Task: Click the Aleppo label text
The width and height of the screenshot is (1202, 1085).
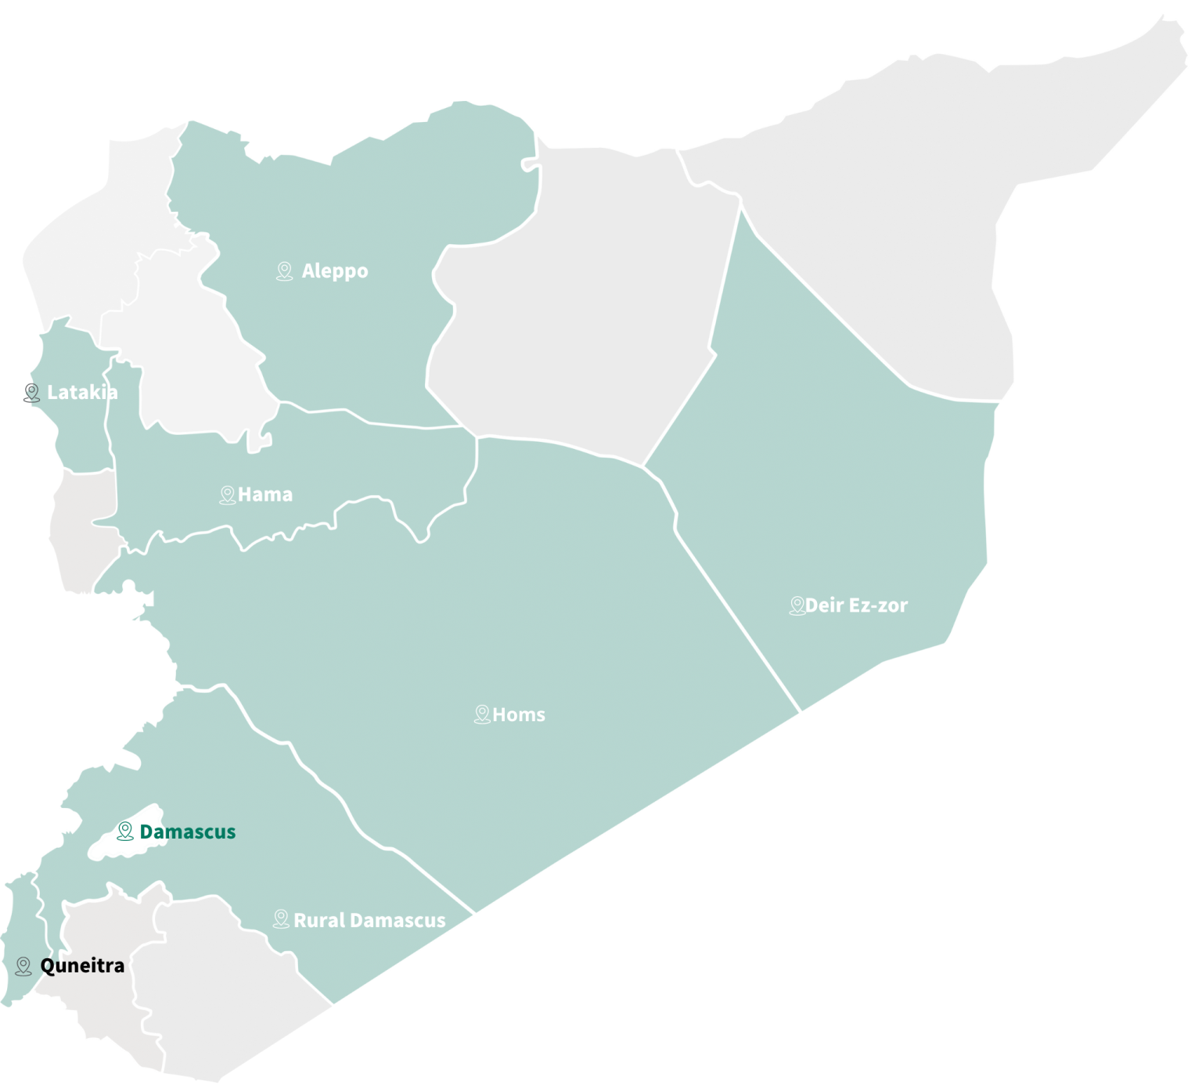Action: tap(335, 271)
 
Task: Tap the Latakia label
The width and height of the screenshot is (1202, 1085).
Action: tap(82, 393)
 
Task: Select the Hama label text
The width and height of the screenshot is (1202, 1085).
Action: tap(265, 495)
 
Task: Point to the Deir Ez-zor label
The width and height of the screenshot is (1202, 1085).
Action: tap(856, 605)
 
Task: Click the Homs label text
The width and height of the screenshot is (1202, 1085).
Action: tap(519, 715)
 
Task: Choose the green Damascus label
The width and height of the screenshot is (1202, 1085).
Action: tap(188, 832)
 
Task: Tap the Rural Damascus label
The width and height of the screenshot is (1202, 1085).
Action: tap(369, 921)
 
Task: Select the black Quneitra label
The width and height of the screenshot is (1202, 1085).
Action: tap(82, 966)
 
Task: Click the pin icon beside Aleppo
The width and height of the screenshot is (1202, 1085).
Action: tap(285, 271)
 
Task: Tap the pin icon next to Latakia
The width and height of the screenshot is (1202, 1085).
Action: tap(32, 393)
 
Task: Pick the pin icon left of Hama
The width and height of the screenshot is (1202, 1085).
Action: tap(228, 495)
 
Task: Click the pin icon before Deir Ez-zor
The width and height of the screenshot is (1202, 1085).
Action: tap(797, 605)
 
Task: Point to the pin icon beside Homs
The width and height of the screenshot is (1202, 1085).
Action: tap(482, 714)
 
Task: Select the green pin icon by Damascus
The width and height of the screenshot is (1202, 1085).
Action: tap(125, 831)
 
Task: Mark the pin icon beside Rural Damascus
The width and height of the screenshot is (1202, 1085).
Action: tap(281, 919)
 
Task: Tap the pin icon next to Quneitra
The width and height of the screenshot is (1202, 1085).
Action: tap(23, 966)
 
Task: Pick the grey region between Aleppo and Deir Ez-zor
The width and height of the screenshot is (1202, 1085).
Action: tap(579, 313)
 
